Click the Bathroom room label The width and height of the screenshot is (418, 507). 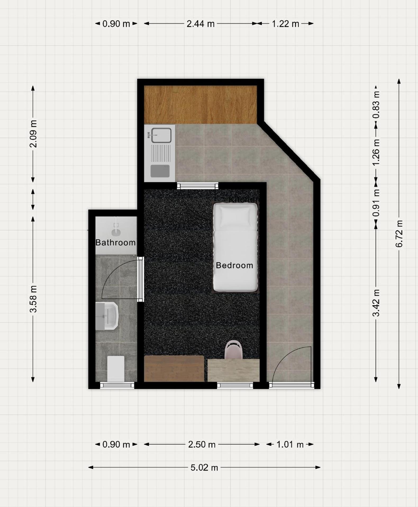pyautogui.click(x=115, y=242)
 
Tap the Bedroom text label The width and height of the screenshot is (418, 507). pyautogui.click(x=234, y=265)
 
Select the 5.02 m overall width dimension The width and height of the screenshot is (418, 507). pyautogui.click(x=204, y=468)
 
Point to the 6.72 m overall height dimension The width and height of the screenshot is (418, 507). pyautogui.click(x=399, y=234)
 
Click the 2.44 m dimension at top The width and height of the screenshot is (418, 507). pyautogui.click(x=201, y=24)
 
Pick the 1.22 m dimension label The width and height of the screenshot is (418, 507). pyautogui.click(x=285, y=24)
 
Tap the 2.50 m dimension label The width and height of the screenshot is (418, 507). pyautogui.click(x=202, y=444)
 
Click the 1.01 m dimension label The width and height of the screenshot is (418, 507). pyautogui.click(x=290, y=444)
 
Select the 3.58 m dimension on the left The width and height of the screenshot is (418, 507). pyautogui.click(x=33, y=299)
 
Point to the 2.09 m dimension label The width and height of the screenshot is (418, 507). pyautogui.click(x=33, y=134)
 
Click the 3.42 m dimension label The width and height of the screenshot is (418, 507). pyautogui.click(x=376, y=303)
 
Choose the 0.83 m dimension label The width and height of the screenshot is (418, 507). pyautogui.click(x=376, y=105)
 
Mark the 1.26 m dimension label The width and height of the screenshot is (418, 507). pyautogui.click(x=376, y=152)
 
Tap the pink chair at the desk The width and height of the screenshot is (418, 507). pyautogui.click(x=234, y=350)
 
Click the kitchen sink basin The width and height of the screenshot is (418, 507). pyautogui.click(x=161, y=135)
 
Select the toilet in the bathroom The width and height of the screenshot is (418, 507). pyautogui.click(x=116, y=368)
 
